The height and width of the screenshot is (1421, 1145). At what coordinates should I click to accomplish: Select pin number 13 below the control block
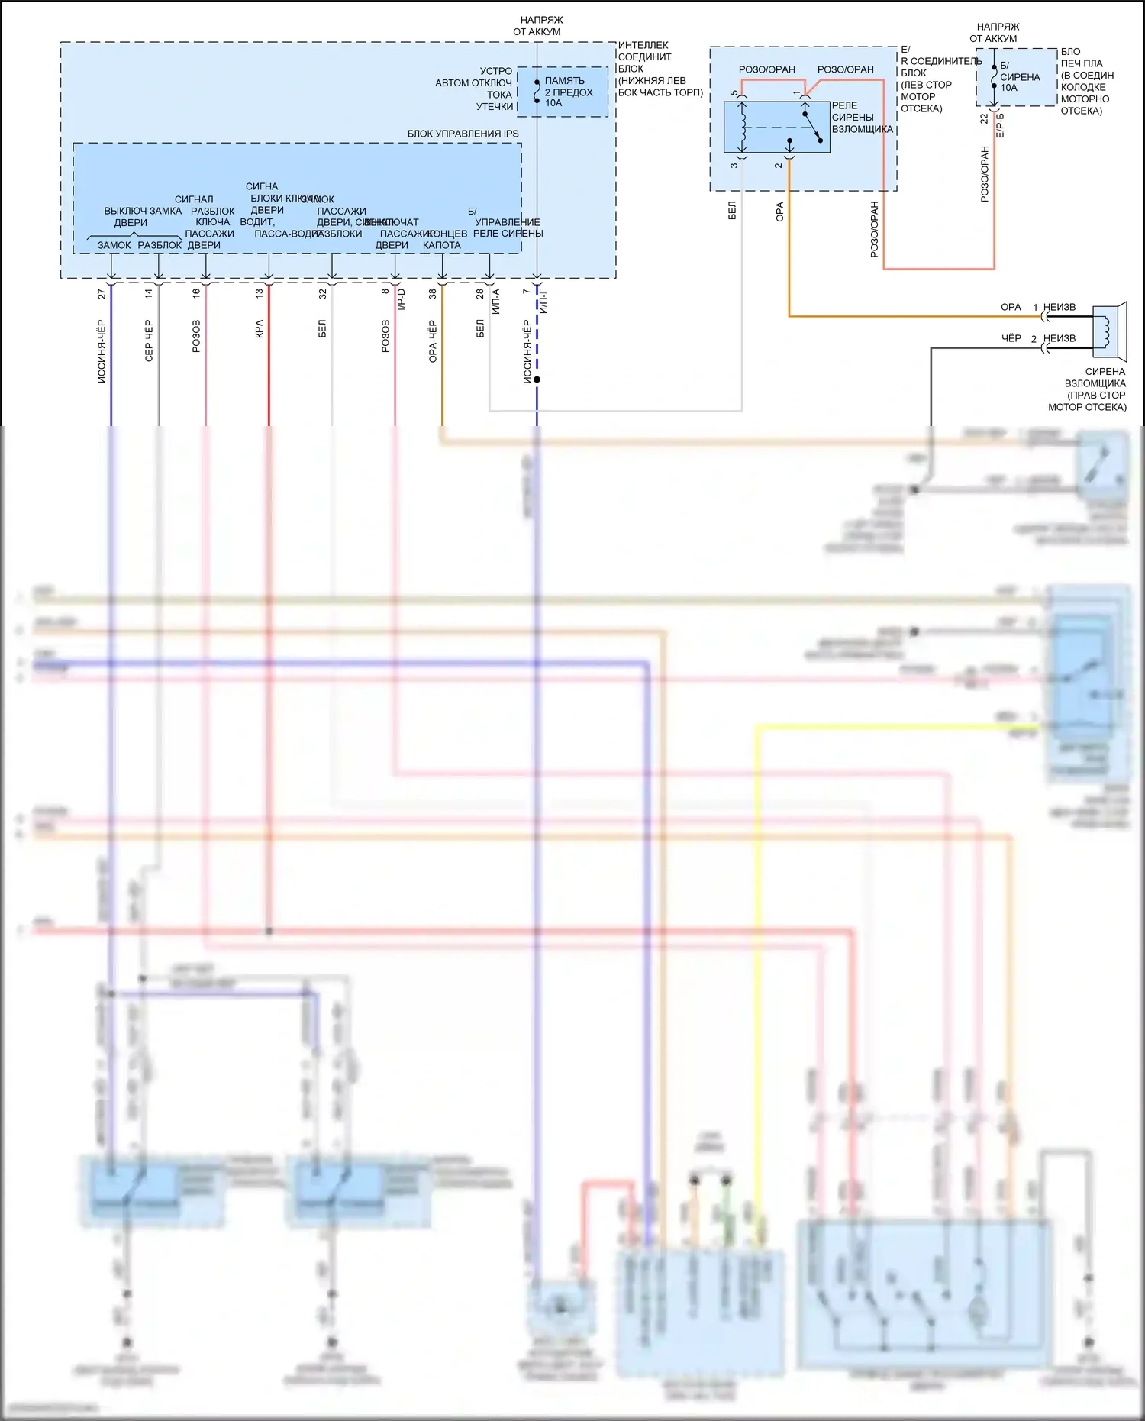[260, 293]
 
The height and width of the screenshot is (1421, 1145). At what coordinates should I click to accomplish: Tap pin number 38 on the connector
[433, 293]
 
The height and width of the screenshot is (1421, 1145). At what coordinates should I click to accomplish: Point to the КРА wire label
[260, 329]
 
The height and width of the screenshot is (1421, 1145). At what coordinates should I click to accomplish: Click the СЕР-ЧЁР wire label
[149, 341]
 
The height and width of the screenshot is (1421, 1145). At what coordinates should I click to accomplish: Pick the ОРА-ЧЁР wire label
[433, 341]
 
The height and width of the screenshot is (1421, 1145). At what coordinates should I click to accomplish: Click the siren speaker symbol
[1110, 331]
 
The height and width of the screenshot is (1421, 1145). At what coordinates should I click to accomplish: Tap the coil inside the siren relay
[743, 127]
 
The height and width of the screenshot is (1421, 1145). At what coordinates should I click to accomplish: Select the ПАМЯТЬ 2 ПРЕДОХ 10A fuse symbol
[537, 91]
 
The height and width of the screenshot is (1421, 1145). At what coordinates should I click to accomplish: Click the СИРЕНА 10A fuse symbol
[993, 76]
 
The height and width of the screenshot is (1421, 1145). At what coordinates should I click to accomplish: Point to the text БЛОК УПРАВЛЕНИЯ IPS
[463, 134]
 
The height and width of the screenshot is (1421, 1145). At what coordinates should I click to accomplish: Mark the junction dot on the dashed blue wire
[537, 379]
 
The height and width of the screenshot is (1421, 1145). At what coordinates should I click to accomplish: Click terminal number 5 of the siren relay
[734, 93]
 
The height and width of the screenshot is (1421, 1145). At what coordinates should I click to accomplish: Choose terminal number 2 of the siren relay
[779, 165]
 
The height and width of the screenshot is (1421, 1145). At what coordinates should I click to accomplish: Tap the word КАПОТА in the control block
[442, 245]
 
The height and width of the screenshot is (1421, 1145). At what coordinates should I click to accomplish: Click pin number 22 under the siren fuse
[984, 119]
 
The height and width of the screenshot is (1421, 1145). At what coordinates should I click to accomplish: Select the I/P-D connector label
[402, 299]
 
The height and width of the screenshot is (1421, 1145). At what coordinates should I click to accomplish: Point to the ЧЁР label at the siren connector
[1011, 338]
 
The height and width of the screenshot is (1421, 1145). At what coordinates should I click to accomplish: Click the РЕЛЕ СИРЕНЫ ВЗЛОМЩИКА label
[862, 118]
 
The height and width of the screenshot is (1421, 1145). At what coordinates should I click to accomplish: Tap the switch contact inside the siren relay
[811, 127]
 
